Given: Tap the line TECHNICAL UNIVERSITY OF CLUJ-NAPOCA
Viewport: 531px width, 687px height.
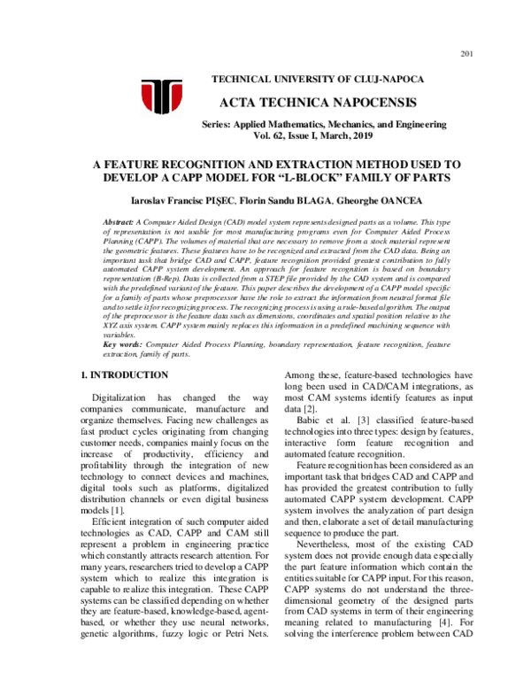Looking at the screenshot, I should [318, 80].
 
